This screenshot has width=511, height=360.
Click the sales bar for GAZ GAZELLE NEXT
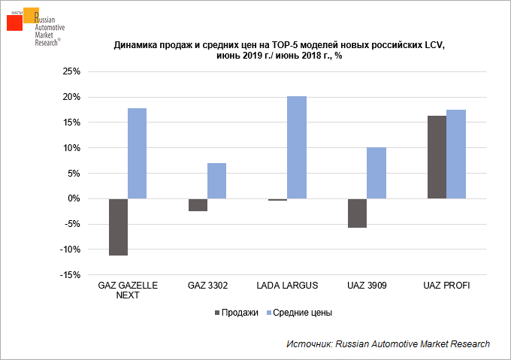click(x=118, y=227)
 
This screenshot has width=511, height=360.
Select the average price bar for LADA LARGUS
click(x=297, y=147)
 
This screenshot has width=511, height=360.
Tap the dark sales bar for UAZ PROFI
click(x=437, y=157)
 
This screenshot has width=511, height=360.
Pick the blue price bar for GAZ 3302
click(x=216, y=180)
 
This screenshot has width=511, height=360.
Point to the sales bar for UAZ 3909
click(x=357, y=213)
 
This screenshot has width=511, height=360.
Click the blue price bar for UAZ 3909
click(x=376, y=173)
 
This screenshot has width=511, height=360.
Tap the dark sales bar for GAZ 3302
click(x=198, y=204)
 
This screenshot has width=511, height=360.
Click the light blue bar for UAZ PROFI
click(x=456, y=154)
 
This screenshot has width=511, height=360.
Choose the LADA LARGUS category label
click(x=287, y=286)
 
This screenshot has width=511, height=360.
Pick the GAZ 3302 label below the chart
click(x=207, y=286)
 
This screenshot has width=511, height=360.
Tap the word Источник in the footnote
click(x=308, y=343)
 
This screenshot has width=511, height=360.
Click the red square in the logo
click(x=14, y=22)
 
